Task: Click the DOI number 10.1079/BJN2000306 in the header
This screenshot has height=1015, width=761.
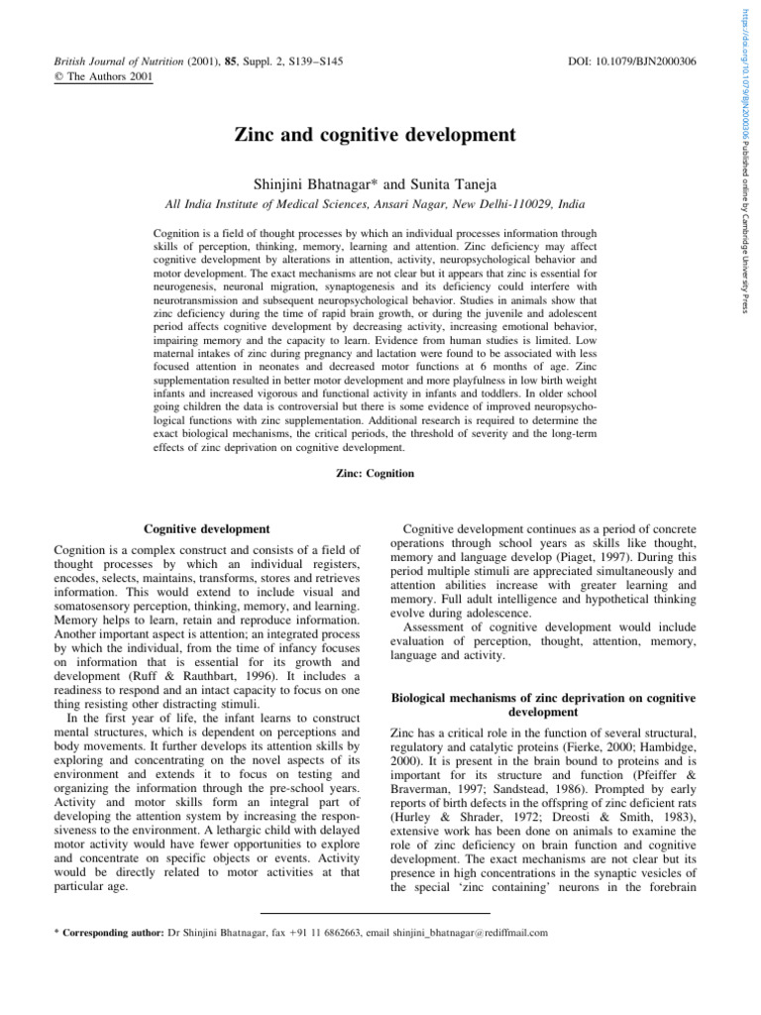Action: click(648, 62)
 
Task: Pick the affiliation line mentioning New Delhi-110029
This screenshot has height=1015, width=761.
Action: click(374, 204)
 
